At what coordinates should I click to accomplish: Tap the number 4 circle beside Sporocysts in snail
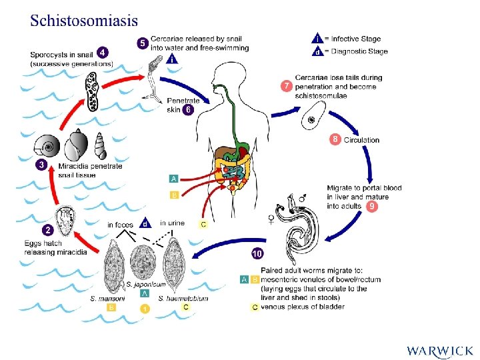[102, 52]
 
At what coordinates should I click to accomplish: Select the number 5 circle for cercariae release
[142, 43]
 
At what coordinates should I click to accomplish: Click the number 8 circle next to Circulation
[335, 139]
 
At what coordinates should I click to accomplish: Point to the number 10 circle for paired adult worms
[257, 253]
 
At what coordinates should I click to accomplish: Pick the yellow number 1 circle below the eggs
[145, 308]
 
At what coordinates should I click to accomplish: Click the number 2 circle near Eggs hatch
[48, 230]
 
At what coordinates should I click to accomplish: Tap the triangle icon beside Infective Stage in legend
[319, 38]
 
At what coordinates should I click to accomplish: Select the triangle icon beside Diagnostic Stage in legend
[319, 51]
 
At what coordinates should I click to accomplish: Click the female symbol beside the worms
[271, 219]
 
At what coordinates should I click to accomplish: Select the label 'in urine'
[172, 223]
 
